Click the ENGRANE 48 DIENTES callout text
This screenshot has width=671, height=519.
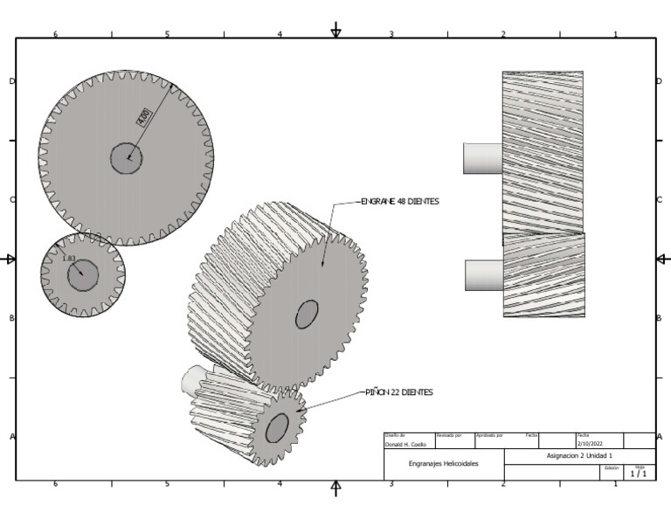tap(400, 201)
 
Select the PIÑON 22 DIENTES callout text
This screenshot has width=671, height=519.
tap(399, 392)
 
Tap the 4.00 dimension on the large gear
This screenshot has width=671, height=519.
tap(143, 116)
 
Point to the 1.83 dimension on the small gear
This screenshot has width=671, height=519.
tap(69, 259)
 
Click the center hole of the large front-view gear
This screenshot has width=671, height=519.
tap(126, 158)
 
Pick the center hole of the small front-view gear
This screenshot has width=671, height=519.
tap(83, 274)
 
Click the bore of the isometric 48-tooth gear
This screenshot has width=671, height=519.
tap(307, 314)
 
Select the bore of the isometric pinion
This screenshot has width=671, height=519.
tap(277, 427)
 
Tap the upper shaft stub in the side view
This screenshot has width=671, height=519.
tap(482, 158)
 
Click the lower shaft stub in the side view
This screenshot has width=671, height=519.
tap(484, 275)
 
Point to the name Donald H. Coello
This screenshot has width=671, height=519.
tap(403, 444)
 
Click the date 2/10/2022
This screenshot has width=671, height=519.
tap(590, 444)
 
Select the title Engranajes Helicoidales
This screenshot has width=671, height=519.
tap(444, 464)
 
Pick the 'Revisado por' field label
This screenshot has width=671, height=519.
tap(449, 435)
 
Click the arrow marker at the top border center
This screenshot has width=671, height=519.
tap(336, 32)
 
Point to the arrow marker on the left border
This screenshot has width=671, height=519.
tap(10, 259)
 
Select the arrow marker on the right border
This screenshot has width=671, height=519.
tap(662, 259)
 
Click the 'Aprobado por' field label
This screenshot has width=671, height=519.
tap(488, 435)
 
